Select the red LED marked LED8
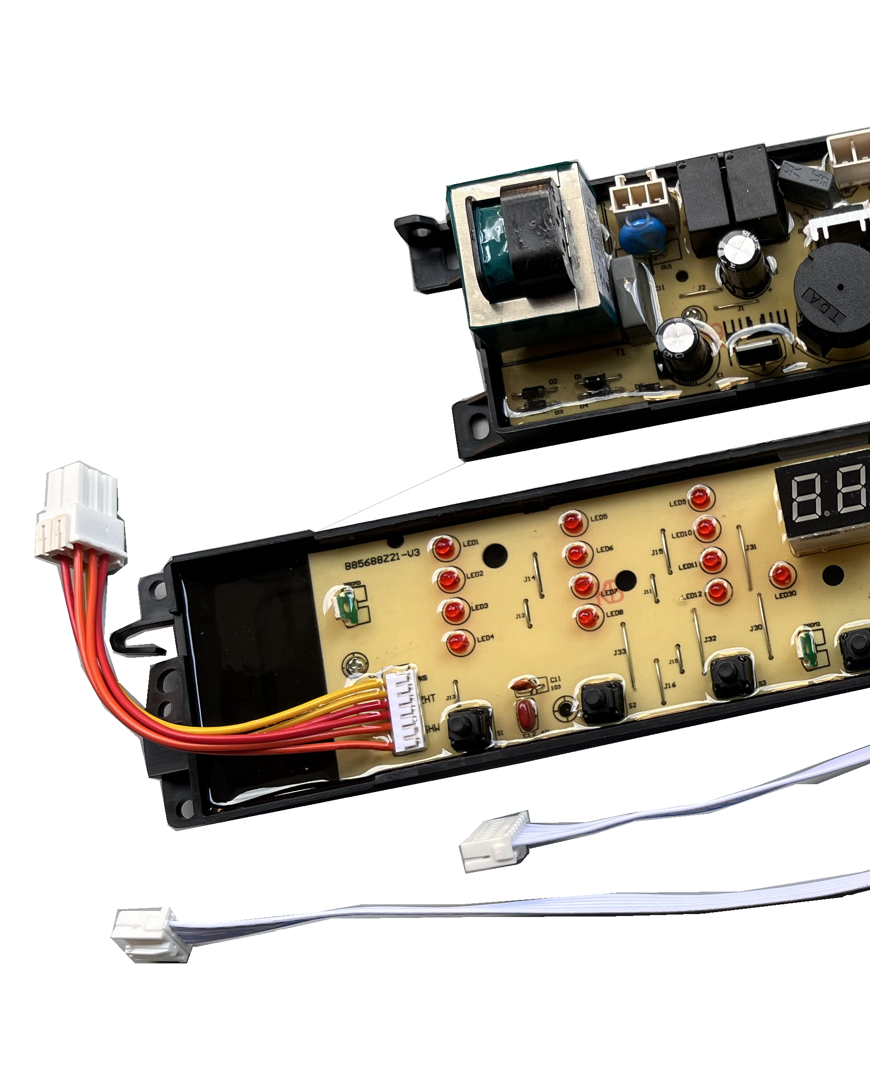click(587, 617)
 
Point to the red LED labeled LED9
click(699, 498)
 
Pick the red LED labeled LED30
click(781, 575)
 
